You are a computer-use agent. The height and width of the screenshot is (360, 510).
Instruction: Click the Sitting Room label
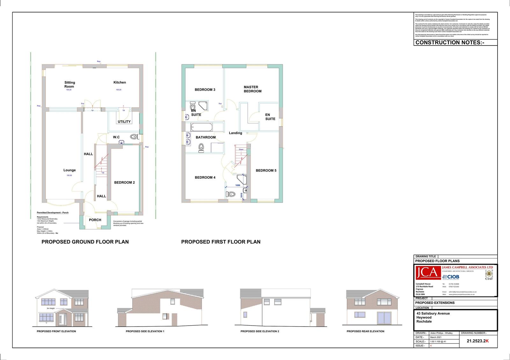69,84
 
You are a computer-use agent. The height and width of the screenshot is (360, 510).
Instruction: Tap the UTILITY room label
124,122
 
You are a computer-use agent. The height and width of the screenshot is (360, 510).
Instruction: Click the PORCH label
95,220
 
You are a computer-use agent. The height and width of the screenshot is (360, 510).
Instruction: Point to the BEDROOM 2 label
124,183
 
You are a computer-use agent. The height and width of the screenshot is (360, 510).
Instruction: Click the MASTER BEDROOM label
252,89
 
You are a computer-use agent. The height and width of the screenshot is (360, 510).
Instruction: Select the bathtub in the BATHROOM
201,128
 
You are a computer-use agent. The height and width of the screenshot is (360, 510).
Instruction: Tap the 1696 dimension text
238,185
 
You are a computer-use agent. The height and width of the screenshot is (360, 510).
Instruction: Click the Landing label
235,133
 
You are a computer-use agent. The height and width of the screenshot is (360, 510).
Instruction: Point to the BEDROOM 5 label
266,170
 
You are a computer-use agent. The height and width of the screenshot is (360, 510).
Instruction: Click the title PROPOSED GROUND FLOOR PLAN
85,242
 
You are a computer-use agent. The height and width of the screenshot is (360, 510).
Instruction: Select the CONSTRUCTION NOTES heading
450,42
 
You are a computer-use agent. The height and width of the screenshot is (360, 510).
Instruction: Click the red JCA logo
428,273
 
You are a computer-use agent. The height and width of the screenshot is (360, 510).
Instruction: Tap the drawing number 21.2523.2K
477,341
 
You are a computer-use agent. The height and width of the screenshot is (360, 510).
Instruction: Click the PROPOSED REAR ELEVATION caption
365,331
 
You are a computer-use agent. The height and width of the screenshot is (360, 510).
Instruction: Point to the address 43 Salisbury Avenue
433,313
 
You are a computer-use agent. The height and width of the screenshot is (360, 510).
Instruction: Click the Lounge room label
69,170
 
